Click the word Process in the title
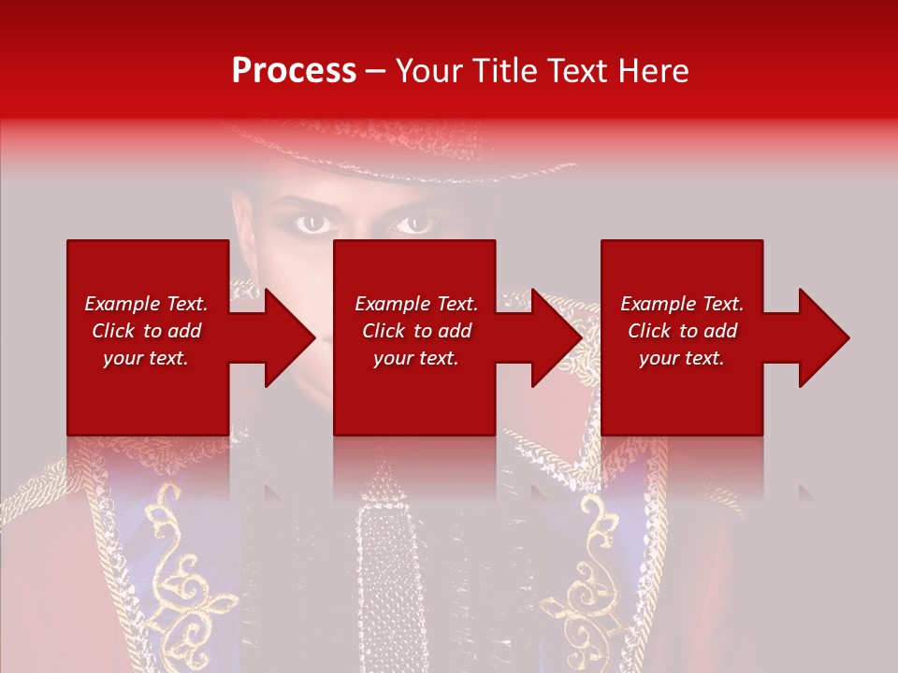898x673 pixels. point(294,71)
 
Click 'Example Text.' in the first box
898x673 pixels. point(146,304)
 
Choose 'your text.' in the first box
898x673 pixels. point(146,358)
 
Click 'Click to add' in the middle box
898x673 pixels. point(416,331)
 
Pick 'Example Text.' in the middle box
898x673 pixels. point(416,304)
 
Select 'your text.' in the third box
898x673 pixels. point(682,358)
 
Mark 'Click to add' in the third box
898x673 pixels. point(682,331)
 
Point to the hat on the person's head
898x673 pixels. point(374,150)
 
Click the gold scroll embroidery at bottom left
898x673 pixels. point(187,580)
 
